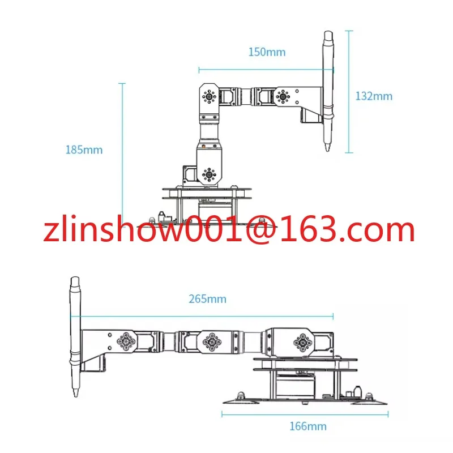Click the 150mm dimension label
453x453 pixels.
(267, 52)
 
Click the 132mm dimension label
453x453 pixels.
(374, 96)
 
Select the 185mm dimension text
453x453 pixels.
(84, 150)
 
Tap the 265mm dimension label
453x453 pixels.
(207, 299)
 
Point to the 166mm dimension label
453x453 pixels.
(308, 426)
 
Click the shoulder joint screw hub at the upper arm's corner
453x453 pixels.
(209, 96)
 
